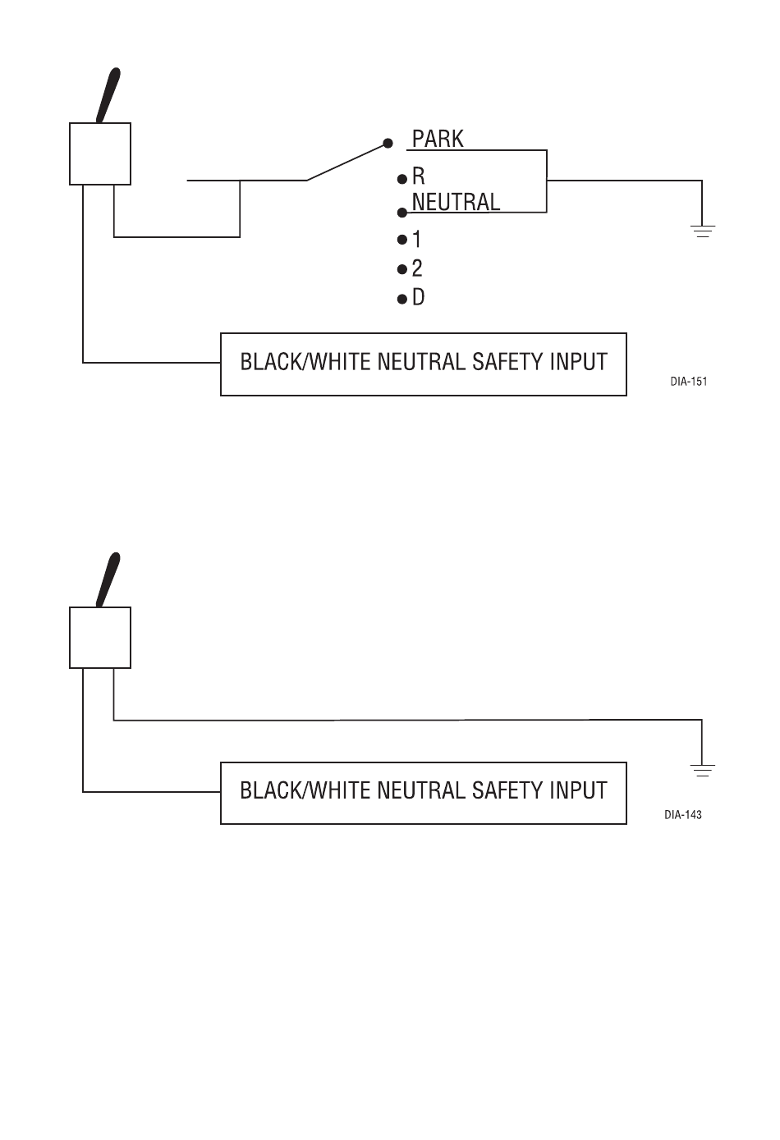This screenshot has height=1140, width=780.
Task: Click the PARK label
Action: tap(438, 139)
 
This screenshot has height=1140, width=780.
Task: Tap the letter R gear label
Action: tap(418, 176)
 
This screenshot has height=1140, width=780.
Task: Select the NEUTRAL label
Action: tap(456, 202)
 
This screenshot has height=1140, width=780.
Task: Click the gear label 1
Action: tap(417, 239)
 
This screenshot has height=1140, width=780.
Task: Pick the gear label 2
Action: tap(417, 268)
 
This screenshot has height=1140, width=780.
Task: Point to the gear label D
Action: tap(418, 297)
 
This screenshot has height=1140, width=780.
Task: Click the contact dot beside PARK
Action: tap(388, 143)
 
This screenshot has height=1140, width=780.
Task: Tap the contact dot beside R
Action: tap(402, 179)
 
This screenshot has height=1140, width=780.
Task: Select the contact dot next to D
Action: tap(402, 300)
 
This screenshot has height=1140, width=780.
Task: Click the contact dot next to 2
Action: tap(402, 269)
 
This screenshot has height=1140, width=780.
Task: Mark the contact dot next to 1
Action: tap(402, 239)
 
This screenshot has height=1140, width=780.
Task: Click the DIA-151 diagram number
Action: tap(688, 381)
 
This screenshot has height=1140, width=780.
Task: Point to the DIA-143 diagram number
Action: tap(683, 815)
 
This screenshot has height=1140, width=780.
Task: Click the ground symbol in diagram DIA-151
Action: tap(703, 231)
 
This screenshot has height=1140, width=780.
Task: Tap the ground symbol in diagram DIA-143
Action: tap(703, 771)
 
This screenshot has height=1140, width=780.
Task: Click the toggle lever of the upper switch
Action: tap(108, 95)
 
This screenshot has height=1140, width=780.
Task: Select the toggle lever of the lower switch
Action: tap(108, 579)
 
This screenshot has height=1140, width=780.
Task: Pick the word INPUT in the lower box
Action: tap(578, 791)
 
